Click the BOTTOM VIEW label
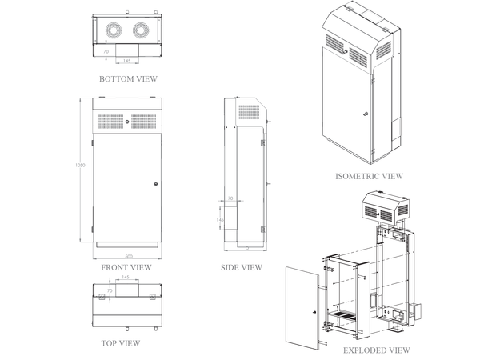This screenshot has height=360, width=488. tap(128, 79)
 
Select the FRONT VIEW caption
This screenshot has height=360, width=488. tap(126, 267)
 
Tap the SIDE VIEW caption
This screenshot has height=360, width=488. tap(241, 267)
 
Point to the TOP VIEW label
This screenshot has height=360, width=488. tap(120, 343)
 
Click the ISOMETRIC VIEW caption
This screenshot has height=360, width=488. tap(369, 176)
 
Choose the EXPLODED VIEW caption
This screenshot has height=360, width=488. tap(376, 350)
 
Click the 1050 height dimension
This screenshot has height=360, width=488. tap(81, 166)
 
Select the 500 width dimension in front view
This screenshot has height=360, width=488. tap(127, 256)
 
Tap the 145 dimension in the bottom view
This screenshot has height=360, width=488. tap(126, 61)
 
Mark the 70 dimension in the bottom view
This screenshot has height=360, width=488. tap(106, 51)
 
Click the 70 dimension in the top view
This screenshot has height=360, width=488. tap(110, 290)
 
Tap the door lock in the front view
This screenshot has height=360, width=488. tap(154, 183)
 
